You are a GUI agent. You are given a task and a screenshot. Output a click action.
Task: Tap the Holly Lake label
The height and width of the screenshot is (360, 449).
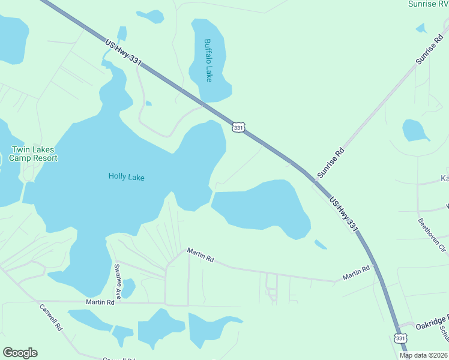[x=127, y=176]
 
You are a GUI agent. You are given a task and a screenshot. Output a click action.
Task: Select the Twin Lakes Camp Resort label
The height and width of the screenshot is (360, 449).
[x=34, y=154]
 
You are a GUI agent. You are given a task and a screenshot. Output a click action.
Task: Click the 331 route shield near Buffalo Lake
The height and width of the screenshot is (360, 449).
[x=238, y=128]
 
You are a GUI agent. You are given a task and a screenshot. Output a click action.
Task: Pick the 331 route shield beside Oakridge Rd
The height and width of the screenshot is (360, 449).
[x=400, y=338]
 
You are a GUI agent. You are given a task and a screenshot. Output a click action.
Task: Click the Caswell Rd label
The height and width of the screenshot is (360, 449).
[x=51, y=318]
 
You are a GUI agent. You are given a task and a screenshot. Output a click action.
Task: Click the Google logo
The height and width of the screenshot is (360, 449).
[x=20, y=353]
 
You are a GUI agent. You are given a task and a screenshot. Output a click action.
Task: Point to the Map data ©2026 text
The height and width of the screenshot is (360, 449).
[x=424, y=355]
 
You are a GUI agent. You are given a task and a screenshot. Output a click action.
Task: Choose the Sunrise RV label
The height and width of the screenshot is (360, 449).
[x=427, y=4]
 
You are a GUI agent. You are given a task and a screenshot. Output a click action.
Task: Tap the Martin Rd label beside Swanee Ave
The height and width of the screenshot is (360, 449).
[x=100, y=302]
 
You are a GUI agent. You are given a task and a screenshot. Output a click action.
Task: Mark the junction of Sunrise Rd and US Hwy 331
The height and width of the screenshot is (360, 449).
[x=315, y=179]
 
